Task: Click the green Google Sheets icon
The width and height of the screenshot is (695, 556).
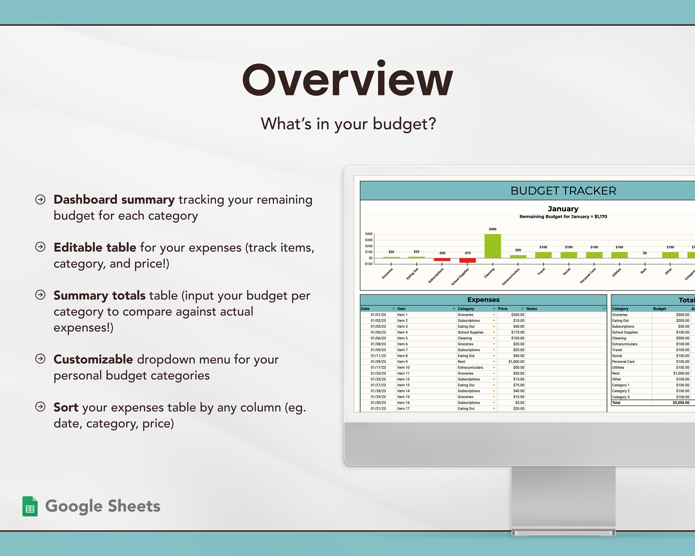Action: tap(30, 506)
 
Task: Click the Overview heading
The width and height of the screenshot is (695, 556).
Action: tap(347, 79)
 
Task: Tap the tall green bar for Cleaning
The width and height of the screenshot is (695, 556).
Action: tap(493, 246)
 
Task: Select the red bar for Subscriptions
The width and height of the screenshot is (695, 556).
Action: tap(442, 259)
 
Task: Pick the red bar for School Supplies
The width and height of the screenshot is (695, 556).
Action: tap(468, 260)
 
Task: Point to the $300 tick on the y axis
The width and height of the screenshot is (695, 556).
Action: tap(369, 240)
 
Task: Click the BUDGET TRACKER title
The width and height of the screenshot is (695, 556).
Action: tap(563, 191)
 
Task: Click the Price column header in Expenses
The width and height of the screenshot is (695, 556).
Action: tap(502, 309)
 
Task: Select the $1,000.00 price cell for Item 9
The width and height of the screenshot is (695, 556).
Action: tap(516, 362)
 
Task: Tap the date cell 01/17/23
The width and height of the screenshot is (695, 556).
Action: tap(378, 367)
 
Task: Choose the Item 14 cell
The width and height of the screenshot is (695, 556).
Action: tap(403, 391)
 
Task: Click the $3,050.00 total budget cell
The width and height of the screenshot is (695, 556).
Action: tap(681, 403)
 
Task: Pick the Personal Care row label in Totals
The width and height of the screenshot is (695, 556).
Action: tap(623, 362)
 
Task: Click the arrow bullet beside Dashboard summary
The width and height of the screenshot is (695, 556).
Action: tap(40, 199)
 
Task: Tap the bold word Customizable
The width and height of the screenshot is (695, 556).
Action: tap(93, 359)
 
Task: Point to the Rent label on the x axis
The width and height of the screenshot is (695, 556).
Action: tap(643, 271)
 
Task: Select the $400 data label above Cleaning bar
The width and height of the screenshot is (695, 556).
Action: tap(493, 229)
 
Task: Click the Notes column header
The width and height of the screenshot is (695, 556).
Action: tap(532, 309)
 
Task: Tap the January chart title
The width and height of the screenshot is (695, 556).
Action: tap(563, 209)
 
